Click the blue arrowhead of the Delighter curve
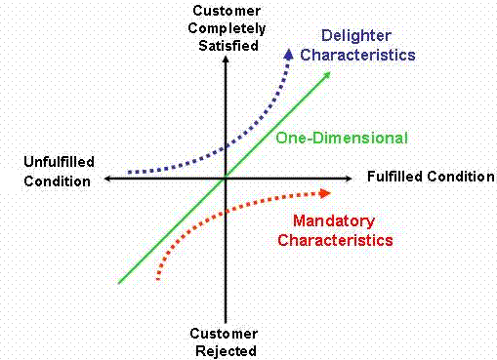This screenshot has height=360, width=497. (x=289, y=53)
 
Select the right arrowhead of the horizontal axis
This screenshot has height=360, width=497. (x=349, y=178)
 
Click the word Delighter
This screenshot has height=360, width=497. (x=337, y=35)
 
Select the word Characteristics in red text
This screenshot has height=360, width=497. (x=335, y=239)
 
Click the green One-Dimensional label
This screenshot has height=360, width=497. (x=341, y=138)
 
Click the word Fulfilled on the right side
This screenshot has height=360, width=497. (x=397, y=177)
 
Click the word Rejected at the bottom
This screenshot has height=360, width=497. (x=225, y=350)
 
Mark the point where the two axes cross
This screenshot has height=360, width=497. (x=226, y=178)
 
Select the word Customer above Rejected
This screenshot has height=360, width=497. (x=225, y=334)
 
